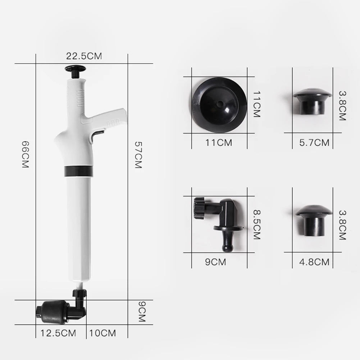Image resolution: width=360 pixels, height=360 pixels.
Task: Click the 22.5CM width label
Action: point(84,56)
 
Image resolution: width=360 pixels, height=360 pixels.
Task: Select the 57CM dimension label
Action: point(138,155)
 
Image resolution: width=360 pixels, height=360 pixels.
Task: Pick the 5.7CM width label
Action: point(314,142)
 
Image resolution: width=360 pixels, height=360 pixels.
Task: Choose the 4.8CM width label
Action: point(314,262)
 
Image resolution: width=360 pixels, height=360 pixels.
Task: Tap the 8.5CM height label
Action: point(256,225)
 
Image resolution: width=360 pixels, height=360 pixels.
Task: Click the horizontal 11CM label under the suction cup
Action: point(219,142)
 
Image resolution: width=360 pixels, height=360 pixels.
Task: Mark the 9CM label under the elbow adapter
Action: point(215,262)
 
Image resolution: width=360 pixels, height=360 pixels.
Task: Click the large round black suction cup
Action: point(219,104)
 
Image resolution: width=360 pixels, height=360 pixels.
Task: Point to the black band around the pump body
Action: point(78,171)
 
